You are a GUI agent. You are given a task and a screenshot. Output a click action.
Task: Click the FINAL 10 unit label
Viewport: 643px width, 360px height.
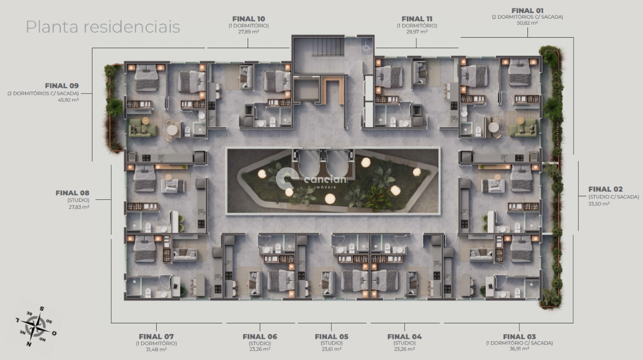(249, 19)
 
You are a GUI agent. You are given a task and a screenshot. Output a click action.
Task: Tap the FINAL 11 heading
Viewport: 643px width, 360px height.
(417, 19)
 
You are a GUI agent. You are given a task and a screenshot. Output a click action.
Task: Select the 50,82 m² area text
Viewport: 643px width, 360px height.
(527, 23)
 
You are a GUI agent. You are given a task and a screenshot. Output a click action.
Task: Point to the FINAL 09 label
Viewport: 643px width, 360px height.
(62, 86)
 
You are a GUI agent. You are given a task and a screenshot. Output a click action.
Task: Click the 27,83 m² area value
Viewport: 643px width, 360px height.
(79, 207)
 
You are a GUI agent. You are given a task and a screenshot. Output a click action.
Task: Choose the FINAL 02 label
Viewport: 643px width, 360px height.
(605, 189)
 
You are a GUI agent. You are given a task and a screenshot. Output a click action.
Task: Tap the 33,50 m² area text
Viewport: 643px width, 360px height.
(599, 204)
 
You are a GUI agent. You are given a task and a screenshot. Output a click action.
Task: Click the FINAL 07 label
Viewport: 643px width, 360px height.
(156, 336)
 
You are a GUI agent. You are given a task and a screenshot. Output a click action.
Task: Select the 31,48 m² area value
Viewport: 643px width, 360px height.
(156, 349)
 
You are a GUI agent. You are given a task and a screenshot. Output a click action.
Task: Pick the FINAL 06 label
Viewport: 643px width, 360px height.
(260, 336)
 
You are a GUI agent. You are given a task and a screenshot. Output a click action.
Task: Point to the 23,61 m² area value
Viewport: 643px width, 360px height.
(332, 349)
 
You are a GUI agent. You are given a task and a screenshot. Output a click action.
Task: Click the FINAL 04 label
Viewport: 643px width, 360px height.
(404, 336)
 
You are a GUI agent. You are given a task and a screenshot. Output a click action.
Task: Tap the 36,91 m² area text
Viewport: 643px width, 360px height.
(519, 349)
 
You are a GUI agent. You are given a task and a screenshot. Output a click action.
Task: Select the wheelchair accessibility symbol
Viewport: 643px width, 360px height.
(366, 47)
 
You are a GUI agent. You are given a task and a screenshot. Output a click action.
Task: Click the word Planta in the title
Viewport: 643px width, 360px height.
(52, 27)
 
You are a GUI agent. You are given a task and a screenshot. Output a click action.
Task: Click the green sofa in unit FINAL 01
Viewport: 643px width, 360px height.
(522, 128)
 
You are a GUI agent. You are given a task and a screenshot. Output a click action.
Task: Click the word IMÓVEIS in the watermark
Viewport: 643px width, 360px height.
(321, 187)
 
